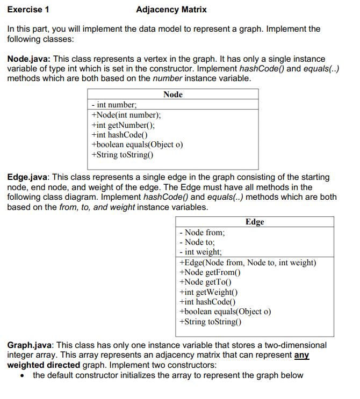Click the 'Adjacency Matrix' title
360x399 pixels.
171,10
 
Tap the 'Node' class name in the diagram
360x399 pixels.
172,95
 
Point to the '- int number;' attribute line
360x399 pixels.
114,105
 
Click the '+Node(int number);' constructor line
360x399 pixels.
126,115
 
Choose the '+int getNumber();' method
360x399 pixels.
123,125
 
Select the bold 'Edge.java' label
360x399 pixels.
28,177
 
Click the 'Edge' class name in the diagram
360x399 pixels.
255,222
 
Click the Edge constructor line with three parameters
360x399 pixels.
247,263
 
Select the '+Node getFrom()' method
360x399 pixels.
209,272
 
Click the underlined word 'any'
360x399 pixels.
301,355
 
